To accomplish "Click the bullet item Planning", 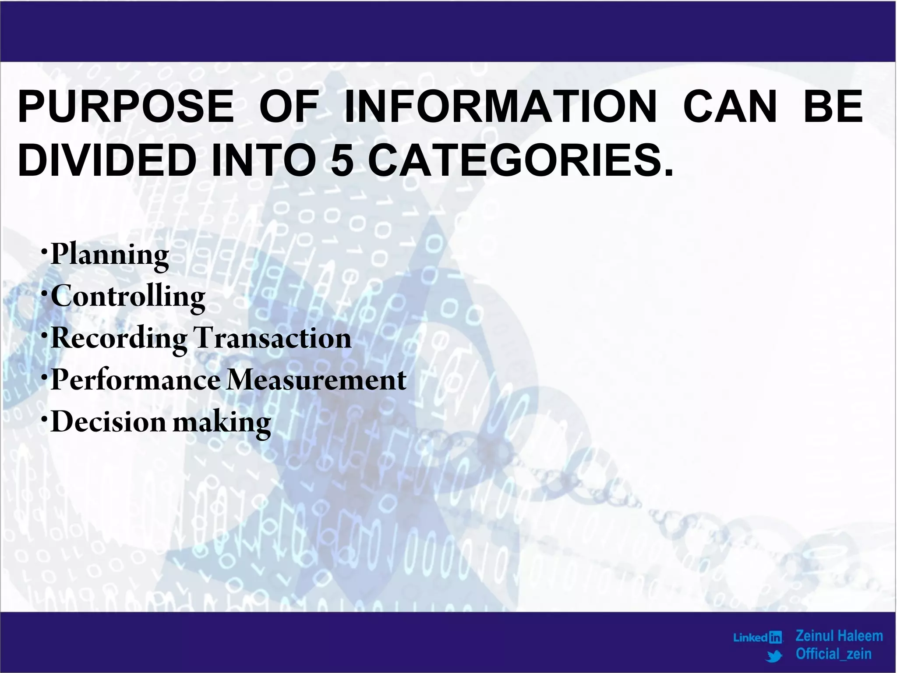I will click(x=109, y=255).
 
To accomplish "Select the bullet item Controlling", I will click(x=127, y=298).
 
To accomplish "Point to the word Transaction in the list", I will click(x=272, y=339).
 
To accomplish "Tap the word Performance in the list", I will click(x=135, y=380).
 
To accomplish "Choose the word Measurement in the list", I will click(x=316, y=380).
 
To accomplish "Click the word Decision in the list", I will click(x=108, y=422).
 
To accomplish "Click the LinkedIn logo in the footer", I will click(x=758, y=638).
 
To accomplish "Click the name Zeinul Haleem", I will click(x=839, y=636).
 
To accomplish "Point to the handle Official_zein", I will click(x=833, y=654).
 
